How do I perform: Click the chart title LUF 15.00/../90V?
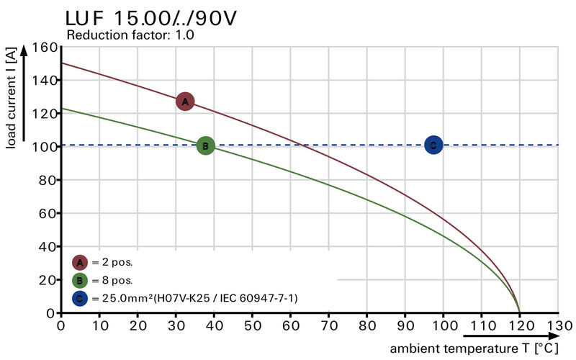tap(150, 18)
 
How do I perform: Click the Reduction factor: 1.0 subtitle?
tap(130, 35)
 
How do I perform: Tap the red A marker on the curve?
tap(185, 102)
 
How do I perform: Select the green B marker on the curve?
tap(205, 146)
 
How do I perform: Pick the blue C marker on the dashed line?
tap(433, 145)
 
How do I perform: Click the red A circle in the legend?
tap(80, 263)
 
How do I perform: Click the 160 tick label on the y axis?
tap(45, 48)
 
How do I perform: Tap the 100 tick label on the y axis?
tap(45, 147)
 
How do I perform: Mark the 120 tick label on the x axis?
tap(520, 325)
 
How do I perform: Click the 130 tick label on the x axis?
tap(558, 325)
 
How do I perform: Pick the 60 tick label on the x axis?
tap(290, 325)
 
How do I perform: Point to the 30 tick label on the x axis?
tap(176, 325)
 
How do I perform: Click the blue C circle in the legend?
tap(80, 297)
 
